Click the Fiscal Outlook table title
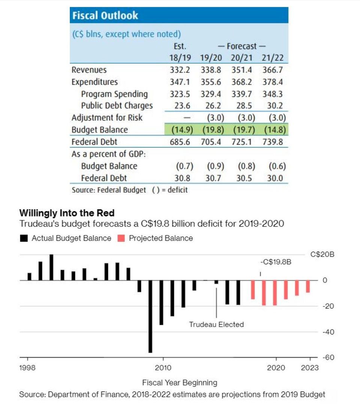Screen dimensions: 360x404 [x=105, y=15]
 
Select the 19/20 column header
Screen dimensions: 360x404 [x=211, y=57]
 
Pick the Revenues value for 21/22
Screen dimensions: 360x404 [x=273, y=70]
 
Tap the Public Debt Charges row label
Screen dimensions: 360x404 [x=117, y=106]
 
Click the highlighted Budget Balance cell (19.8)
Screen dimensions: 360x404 [x=213, y=129]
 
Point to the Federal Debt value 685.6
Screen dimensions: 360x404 [x=180, y=142]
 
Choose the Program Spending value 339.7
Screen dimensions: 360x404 [x=241, y=94]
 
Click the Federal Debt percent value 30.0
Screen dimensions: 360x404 [x=275, y=178]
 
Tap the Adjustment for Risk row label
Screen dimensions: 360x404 [x=107, y=118]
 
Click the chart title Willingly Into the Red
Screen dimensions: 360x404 [x=67, y=213]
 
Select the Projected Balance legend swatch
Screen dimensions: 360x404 [x=121, y=238]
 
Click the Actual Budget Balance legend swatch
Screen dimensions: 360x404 [x=24, y=238]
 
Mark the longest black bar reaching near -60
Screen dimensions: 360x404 [x=150, y=317]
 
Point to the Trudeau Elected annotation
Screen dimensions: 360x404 [x=216, y=324]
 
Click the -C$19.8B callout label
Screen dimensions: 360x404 [x=276, y=262]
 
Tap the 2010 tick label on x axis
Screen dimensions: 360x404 [x=163, y=368]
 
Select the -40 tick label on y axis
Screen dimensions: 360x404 [x=328, y=332]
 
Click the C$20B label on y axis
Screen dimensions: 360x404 [x=322, y=255]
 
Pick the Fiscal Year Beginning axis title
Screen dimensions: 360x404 [x=180, y=383]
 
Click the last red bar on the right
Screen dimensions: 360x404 [x=308, y=286]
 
